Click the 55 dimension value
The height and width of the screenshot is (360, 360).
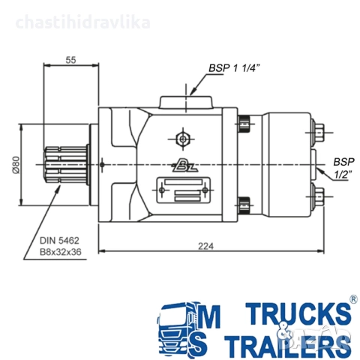70,60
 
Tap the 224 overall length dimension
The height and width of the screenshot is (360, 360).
205,246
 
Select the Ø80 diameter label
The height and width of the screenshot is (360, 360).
16,165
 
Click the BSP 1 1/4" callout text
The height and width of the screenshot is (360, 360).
234,68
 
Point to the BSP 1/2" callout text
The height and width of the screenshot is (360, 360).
343,168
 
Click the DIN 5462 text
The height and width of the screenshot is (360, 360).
59,241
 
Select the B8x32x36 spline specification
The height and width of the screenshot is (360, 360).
61,252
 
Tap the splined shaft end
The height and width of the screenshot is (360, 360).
67,165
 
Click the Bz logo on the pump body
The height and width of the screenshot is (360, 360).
184,165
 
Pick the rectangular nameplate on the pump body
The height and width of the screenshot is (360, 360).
183,190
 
